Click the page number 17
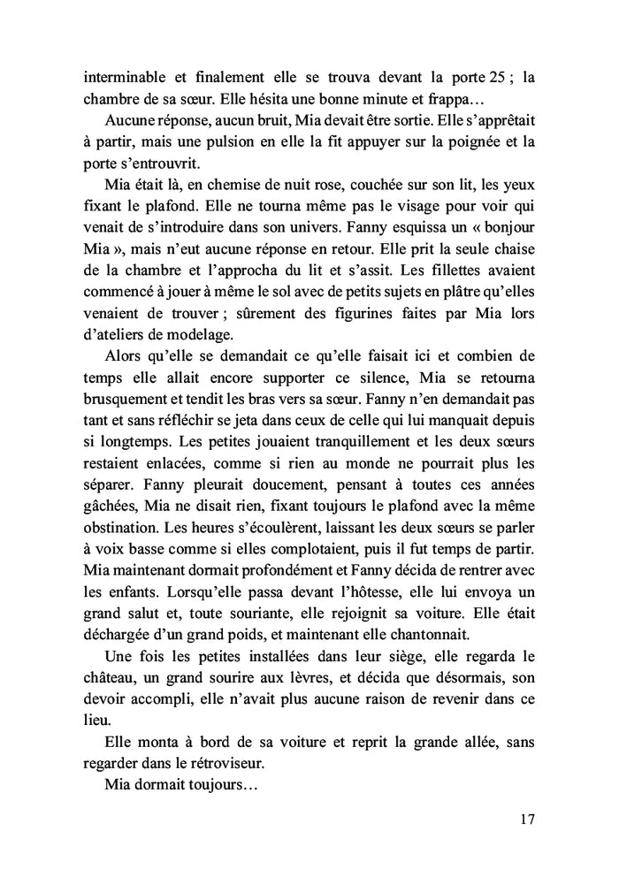click(x=527, y=819)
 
